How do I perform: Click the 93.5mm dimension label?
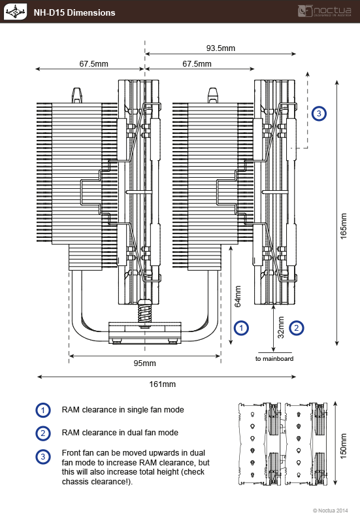[x=221, y=48]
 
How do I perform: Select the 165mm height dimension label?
[x=344, y=226]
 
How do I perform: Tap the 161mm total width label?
[x=163, y=384]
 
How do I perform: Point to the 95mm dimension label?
[x=145, y=363]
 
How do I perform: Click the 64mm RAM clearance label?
[x=238, y=296]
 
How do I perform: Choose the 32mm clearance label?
[x=281, y=328]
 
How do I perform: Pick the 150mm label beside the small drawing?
[x=344, y=446]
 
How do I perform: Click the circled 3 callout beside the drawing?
[x=319, y=114]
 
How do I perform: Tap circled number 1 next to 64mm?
[x=241, y=328]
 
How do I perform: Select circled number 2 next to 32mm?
[x=297, y=328]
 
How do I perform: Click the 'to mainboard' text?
[x=274, y=358]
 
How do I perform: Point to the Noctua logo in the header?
[x=325, y=11]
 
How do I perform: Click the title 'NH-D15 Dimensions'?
[x=74, y=12]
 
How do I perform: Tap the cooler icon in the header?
[x=16, y=12]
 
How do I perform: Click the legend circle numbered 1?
[x=43, y=411]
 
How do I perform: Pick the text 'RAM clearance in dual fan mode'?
[x=120, y=433]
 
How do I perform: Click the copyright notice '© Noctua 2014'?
[x=331, y=511]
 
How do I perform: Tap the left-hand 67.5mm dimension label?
[x=93, y=64]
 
